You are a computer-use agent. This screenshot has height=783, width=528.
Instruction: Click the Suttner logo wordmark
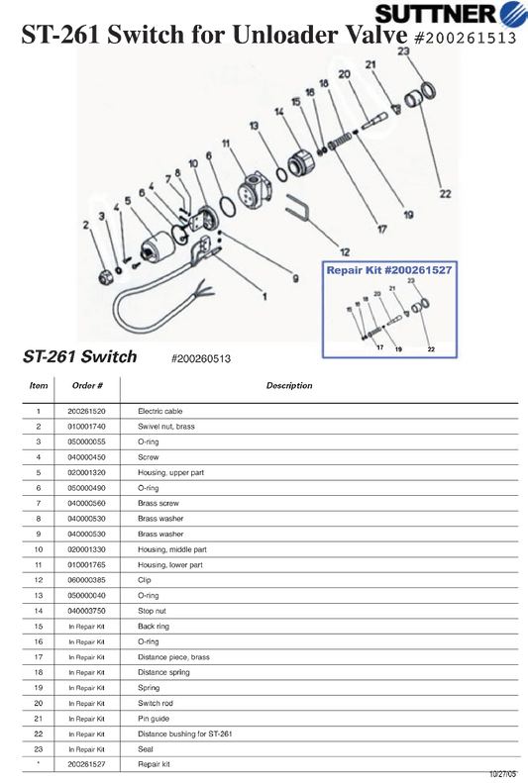tap(436, 14)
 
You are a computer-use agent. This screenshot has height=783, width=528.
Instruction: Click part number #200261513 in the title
tap(465, 38)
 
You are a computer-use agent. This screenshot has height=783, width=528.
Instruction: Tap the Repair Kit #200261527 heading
tap(389, 270)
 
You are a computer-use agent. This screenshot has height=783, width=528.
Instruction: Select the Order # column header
tap(87, 385)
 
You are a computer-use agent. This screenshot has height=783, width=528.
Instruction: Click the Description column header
tap(289, 385)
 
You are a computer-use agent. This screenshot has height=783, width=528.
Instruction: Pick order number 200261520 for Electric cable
tap(87, 412)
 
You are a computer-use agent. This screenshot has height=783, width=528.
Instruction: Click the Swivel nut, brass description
tap(166, 427)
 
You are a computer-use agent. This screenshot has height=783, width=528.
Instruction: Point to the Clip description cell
tap(145, 580)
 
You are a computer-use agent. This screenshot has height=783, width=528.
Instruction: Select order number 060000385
tap(87, 580)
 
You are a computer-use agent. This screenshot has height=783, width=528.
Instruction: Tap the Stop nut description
tap(152, 611)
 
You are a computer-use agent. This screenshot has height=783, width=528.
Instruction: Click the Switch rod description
tap(156, 703)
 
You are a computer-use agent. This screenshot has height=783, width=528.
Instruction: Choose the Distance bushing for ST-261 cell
tap(185, 734)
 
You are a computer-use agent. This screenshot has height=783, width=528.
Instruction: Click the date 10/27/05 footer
tap(502, 774)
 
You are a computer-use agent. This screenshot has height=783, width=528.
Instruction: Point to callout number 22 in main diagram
tap(445, 194)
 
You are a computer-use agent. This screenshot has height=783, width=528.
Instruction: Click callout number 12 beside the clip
tap(345, 252)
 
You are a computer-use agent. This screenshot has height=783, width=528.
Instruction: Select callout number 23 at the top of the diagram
tap(403, 50)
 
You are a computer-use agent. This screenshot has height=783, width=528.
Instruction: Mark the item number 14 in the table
tap(39, 611)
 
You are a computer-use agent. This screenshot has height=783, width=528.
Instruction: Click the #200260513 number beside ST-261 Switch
tap(201, 358)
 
